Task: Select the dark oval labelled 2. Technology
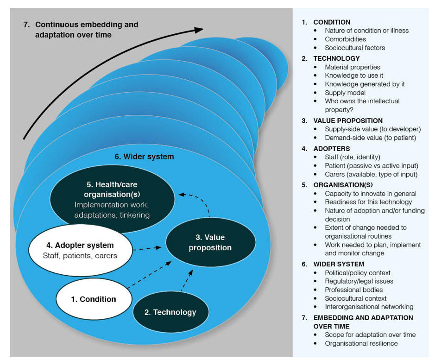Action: [x=170, y=312]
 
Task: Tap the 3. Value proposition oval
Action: [x=210, y=242]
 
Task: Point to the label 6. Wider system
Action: [x=144, y=157]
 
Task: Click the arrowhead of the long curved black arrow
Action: [x=198, y=30]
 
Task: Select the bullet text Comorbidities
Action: [x=345, y=39]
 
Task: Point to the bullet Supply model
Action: [x=345, y=93]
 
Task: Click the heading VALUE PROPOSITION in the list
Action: [x=348, y=120]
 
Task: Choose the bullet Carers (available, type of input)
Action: [x=371, y=174]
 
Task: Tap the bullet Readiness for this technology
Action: [x=368, y=202]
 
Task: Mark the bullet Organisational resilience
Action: [x=361, y=343]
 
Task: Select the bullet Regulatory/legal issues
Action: [x=359, y=281]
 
